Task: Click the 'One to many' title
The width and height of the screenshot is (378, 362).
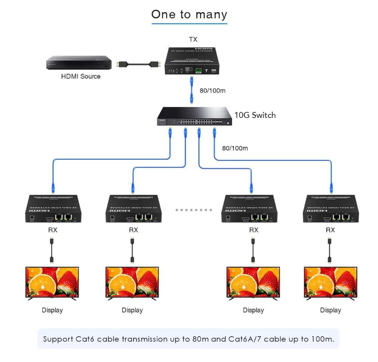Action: click(x=189, y=14)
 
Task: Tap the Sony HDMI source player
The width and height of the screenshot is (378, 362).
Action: click(x=79, y=62)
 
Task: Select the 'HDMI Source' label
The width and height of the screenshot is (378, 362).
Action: click(x=81, y=76)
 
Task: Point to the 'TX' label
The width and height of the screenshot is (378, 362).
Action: click(x=193, y=39)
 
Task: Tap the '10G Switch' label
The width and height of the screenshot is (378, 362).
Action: click(x=255, y=115)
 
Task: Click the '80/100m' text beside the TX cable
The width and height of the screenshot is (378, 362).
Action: click(x=212, y=91)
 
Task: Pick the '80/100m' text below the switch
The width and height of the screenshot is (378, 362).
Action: click(x=235, y=148)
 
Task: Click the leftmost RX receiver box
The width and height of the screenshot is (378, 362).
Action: click(x=52, y=208)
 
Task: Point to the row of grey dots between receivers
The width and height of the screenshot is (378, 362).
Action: click(x=194, y=210)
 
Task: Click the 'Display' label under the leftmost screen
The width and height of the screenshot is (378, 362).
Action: click(x=52, y=310)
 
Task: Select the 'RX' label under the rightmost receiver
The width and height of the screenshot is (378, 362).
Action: click(x=330, y=230)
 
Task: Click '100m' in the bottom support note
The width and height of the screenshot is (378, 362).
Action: click(x=323, y=339)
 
